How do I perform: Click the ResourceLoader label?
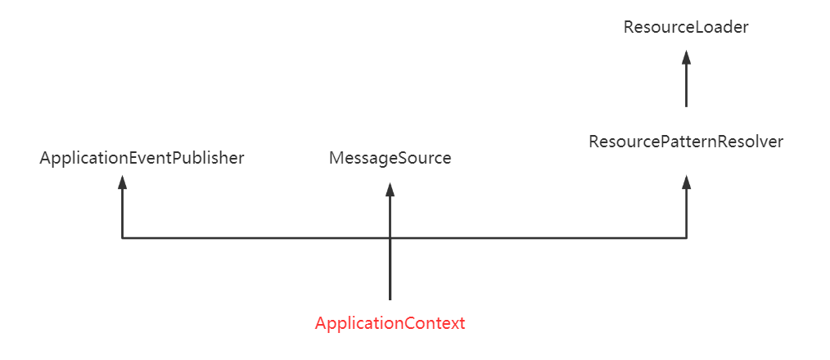point(686,28)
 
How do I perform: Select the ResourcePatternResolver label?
point(686,142)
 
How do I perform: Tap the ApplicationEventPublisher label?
point(142,158)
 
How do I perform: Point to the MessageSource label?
point(390,158)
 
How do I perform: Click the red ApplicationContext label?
point(390,323)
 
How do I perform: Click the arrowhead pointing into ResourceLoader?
point(687,57)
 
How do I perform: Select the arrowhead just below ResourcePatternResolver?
point(687,182)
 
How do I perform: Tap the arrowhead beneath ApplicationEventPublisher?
point(122,182)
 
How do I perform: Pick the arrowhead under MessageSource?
point(390,190)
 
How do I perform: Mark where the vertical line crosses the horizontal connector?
point(390,238)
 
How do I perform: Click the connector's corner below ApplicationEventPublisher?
point(122,238)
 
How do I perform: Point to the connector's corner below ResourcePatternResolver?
point(687,238)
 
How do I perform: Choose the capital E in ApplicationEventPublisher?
point(133,158)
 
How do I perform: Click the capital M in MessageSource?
point(336,158)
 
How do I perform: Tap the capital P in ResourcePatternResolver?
point(660,142)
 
